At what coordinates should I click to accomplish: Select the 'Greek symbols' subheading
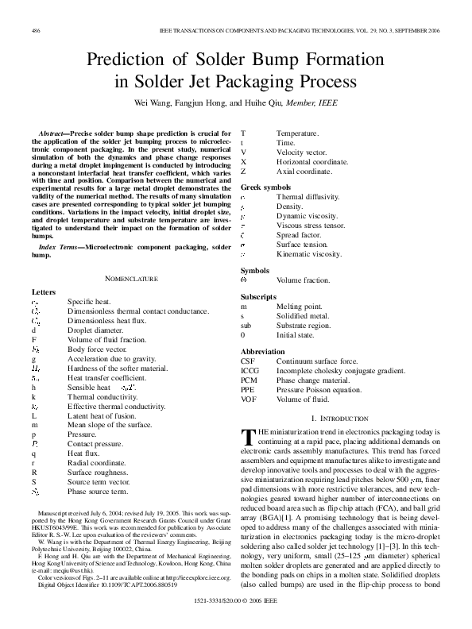[x=265, y=187]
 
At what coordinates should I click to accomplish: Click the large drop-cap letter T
[x=248, y=438]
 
